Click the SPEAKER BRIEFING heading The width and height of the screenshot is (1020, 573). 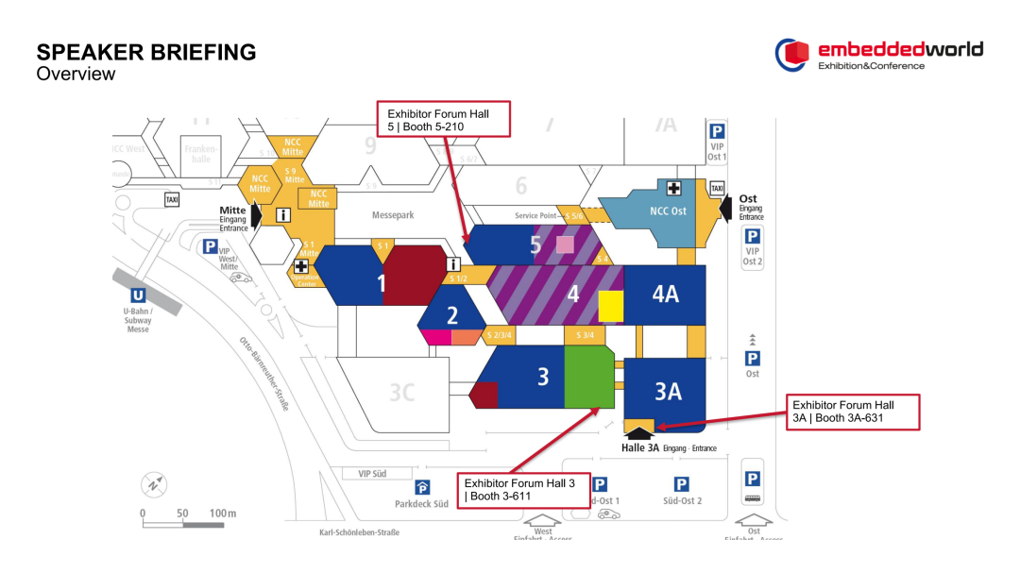point(145,52)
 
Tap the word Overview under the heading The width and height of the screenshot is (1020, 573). point(76,74)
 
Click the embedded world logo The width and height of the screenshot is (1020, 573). point(878,55)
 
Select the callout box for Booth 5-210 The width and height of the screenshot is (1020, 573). point(444,120)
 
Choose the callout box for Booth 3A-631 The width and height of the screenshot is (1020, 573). point(855,412)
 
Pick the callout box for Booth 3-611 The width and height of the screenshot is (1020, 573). point(523,490)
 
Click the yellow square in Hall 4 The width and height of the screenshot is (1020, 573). point(611,307)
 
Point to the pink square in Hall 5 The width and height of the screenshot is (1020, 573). point(565,244)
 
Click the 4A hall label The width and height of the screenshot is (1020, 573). point(665,294)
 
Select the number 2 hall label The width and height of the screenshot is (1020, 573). point(452,315)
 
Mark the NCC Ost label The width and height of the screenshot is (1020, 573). point(668,211)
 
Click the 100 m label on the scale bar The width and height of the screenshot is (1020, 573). point(223,514)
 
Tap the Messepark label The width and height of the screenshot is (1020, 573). point(393,215)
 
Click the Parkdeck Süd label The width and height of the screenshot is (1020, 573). point(421,503)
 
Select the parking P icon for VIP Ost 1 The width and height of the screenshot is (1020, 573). point(717,132)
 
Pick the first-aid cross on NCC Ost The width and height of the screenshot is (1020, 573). point(674,189)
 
